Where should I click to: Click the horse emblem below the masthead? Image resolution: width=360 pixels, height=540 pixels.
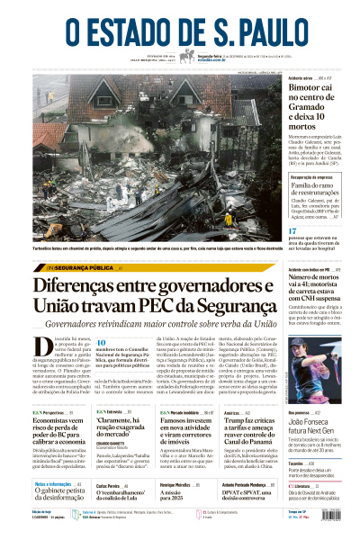pyautogui.click(x=187, y=56)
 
